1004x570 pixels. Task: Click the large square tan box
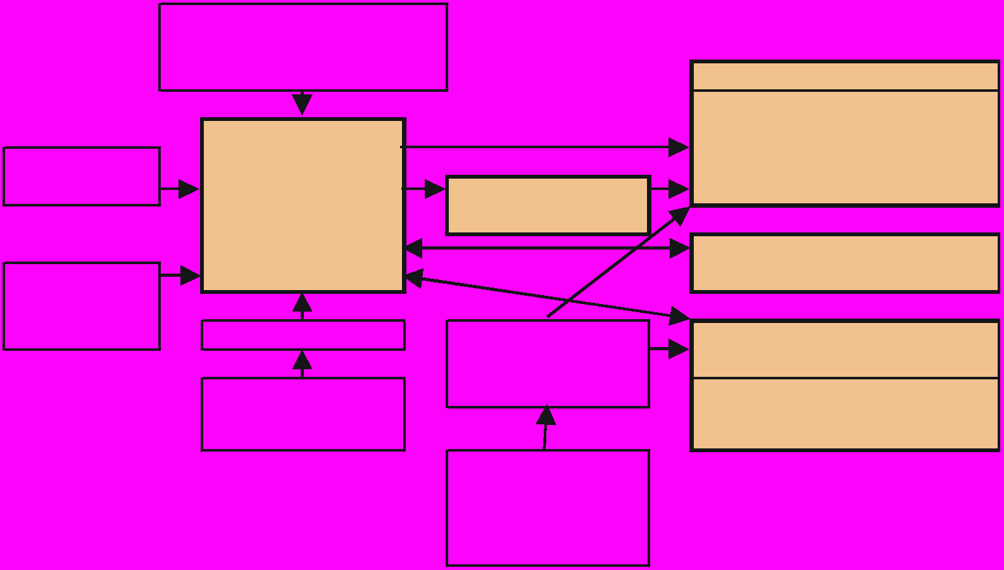tap(303, 205)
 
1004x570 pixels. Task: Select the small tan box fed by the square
tap(548, 205)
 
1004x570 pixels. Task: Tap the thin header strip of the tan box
tap(844, 76)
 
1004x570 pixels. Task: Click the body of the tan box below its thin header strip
tap(844, 148)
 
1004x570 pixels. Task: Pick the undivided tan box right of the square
tap(844, 263)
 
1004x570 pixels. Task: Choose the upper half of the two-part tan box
tap(844, 350)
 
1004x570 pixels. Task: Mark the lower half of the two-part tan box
tap(844, 414)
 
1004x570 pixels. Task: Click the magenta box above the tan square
tap(303, 47)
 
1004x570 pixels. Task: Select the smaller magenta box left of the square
tap(82, 176)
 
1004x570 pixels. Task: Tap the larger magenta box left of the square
tap(82, 306)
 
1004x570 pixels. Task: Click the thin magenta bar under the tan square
tap(303, 335)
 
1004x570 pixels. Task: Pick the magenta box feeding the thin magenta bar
tap(303, 414)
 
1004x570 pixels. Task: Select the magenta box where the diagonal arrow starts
tap(548, 364)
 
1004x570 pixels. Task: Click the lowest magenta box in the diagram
tap(548, 507)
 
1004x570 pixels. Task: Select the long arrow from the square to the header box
tap(544, 147)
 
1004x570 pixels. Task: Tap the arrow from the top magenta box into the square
tap(302, 103)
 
